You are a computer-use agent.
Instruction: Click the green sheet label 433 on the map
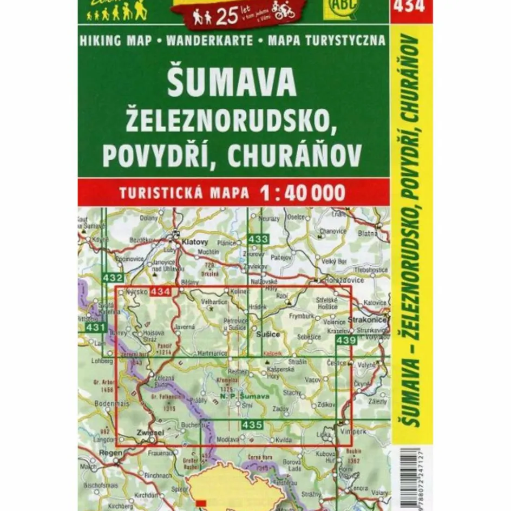[x=259, y=239]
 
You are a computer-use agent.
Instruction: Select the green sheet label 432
[x=113, y=278]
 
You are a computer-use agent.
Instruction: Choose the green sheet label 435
[x=252, y=425]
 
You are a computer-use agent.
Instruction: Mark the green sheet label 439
[x=345, y=340]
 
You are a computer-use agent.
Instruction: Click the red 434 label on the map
[x=161, y=292]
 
